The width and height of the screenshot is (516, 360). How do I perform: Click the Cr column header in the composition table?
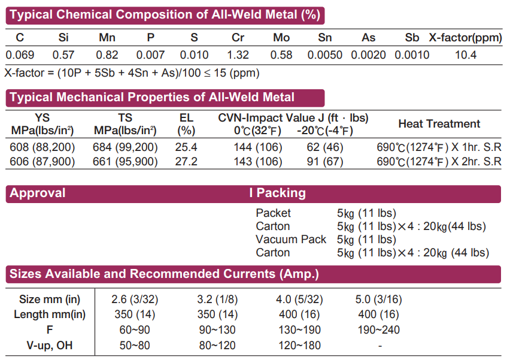(238, 38)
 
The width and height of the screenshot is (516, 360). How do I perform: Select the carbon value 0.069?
(20, 55)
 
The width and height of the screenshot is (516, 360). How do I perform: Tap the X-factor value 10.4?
(465, 55)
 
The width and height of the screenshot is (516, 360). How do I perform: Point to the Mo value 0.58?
(281, 55)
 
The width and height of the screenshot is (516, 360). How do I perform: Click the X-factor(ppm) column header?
(465, 38)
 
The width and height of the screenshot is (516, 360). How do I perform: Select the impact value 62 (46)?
(326, 147)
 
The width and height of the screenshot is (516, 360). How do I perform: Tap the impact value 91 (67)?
(326, 162)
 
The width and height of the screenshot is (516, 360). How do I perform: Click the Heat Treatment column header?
(439, 124)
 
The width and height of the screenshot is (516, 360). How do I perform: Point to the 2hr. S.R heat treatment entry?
(439, 162)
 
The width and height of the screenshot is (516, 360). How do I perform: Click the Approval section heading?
(38, 193)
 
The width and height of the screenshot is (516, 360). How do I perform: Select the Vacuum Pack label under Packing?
(291, 240)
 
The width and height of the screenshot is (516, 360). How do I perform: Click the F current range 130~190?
(299, 330)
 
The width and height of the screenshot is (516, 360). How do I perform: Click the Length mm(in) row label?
(50, 314)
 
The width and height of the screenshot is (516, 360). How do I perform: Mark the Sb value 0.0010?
(412, 55)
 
